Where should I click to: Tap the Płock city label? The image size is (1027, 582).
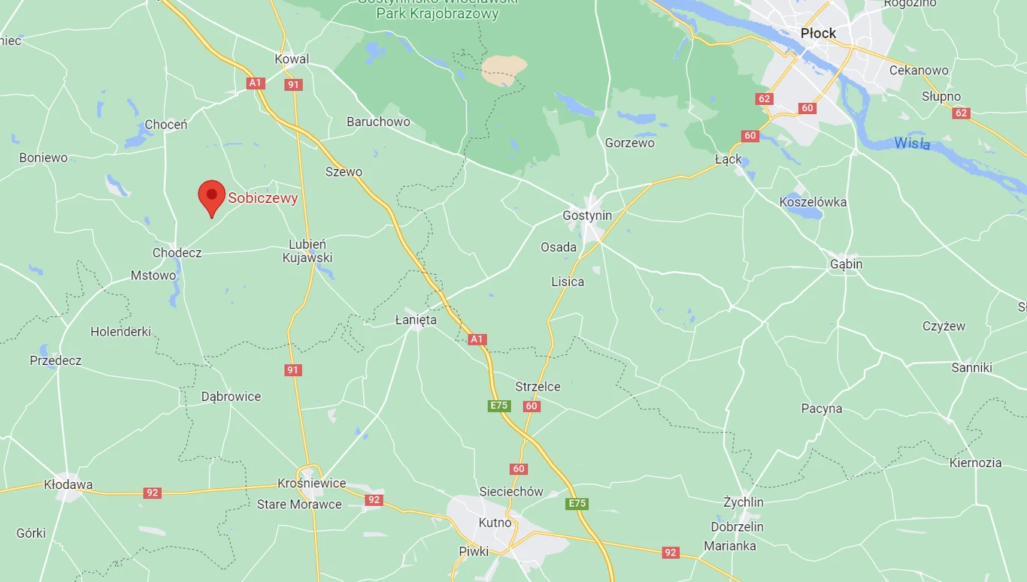(818, 33)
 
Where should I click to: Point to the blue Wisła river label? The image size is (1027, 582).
(912, 143)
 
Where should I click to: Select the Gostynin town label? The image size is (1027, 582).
(587, 216)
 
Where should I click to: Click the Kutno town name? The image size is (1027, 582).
(495, 523)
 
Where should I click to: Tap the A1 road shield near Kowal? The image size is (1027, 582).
(256, 83)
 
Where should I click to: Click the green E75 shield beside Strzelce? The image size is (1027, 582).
(498, 406)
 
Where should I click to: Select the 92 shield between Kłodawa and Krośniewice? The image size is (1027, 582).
(153, 493)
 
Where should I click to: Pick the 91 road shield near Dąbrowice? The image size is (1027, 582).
(293, 370)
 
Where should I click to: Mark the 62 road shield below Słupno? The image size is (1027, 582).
(961, 113)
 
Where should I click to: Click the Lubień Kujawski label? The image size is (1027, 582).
(307, 251)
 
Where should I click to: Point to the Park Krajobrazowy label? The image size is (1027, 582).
(438, 14)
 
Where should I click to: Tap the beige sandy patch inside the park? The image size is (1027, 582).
(504, 69)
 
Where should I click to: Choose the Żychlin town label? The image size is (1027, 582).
(743, 502)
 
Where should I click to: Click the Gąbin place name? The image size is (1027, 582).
(846, 264)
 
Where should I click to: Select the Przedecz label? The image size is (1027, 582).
(56, 360)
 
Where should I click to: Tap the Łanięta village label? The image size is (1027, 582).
(416, 320)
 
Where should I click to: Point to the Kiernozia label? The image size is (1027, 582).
(975, 463)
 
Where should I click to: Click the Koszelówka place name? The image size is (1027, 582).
(813, 202)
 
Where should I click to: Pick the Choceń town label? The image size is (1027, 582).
(165, 125)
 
